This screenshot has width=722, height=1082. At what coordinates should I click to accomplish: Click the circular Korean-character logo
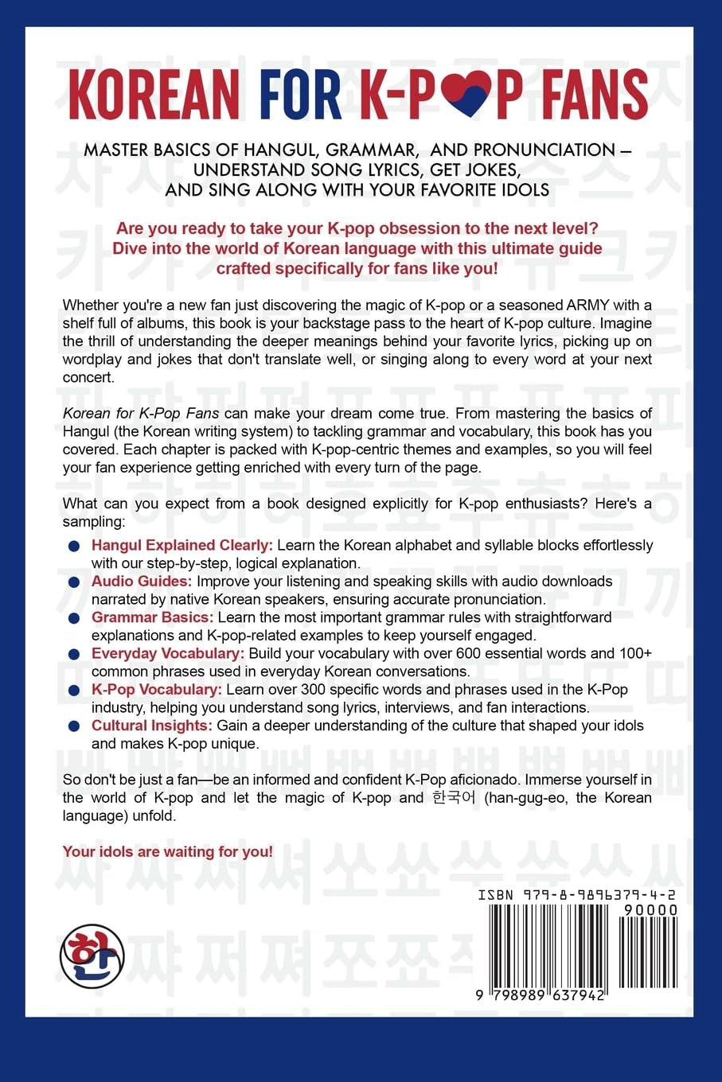92,954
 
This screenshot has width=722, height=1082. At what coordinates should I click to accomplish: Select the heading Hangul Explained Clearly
182,545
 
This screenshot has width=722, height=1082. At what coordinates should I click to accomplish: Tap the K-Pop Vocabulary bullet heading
156,689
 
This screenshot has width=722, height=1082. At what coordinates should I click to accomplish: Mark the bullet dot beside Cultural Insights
74,726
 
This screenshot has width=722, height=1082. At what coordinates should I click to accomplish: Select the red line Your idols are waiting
168,851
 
